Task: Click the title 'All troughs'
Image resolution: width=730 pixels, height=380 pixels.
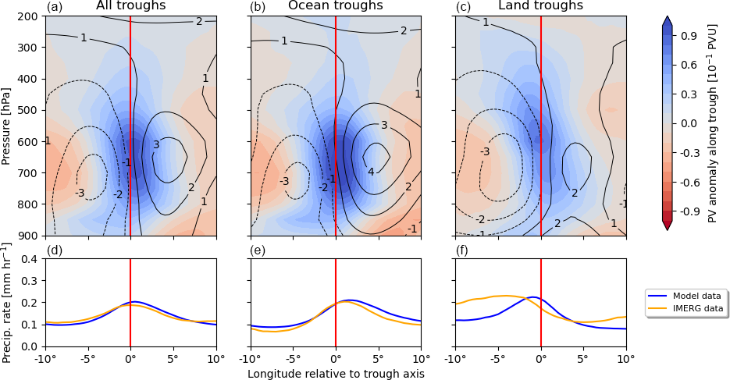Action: tap(131, 6)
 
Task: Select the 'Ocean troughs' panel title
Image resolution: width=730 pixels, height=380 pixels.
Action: tap(336, 6)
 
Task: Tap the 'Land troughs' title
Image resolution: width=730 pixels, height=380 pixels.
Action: tap(541, 6)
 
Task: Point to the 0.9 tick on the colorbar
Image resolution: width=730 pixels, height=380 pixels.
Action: tap(689, 36)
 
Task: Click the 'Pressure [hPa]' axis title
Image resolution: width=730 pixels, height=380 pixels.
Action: tap(7, 126)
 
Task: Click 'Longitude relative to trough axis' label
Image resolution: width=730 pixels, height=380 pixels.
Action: tap(336, 374)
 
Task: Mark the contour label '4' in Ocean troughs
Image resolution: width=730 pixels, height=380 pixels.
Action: tap(371, 172)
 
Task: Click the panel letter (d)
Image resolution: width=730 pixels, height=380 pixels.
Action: tap(55, 250)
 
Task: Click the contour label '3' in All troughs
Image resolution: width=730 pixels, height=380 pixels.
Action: tap(156, 144)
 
